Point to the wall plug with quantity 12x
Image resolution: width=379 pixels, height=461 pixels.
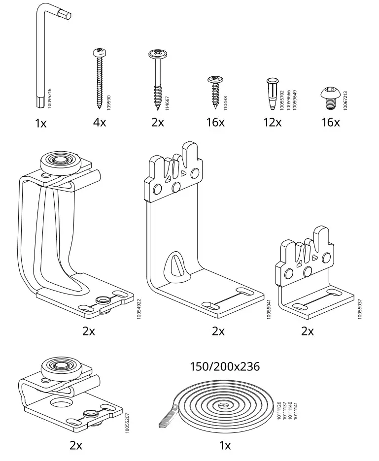coord(272,94)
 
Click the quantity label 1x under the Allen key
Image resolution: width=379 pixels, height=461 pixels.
coord(40,123)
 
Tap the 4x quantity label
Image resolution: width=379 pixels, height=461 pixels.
coord(99,122)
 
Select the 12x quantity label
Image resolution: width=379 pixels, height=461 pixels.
coord(272,122)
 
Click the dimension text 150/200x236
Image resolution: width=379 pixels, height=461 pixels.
coord(225,366)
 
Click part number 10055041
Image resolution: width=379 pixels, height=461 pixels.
coord(269,309)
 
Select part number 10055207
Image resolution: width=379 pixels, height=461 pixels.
coord(127,424)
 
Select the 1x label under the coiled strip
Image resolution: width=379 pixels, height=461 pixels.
coord(225,446)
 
